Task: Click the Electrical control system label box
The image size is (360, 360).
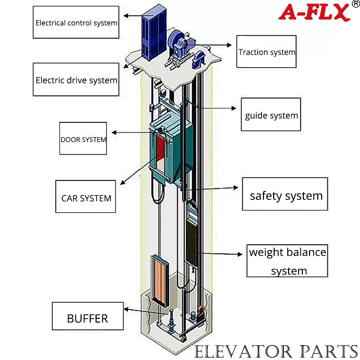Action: point(76,22)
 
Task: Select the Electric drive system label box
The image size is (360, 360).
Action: point(76,79)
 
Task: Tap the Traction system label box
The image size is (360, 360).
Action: point(266,51)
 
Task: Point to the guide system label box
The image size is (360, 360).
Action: point(271,114)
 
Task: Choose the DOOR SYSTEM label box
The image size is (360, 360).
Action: point(83,138)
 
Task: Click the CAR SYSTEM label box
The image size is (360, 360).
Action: point(85,196)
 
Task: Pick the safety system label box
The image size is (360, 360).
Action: point(285,194)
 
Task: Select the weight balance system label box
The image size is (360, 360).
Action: point(287,261)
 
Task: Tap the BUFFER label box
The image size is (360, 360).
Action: point(88,316)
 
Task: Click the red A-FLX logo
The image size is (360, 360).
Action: point(314,12)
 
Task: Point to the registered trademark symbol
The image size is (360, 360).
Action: point(356,4)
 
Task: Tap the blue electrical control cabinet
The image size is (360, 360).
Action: point(154,33)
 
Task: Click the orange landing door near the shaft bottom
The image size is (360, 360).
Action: point(160,281)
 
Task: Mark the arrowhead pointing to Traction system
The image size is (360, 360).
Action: point(229,45)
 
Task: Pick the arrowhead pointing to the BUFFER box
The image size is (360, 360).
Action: point(126,309)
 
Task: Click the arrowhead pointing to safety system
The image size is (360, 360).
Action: point(236,188)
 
